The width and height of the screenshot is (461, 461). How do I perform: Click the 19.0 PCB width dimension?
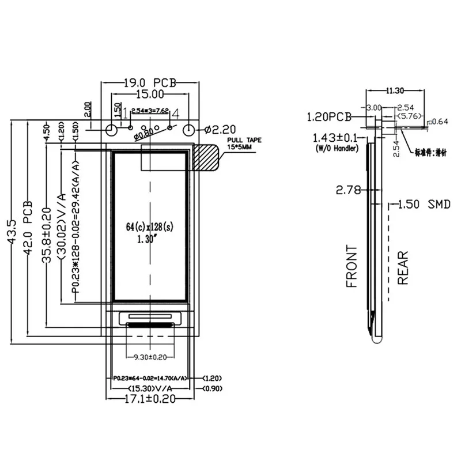pos(149,83)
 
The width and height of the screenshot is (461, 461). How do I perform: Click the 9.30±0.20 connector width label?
pos(149,357)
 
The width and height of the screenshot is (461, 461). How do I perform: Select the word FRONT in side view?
pos(352,267)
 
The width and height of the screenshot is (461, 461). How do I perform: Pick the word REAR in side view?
pos(403,268)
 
